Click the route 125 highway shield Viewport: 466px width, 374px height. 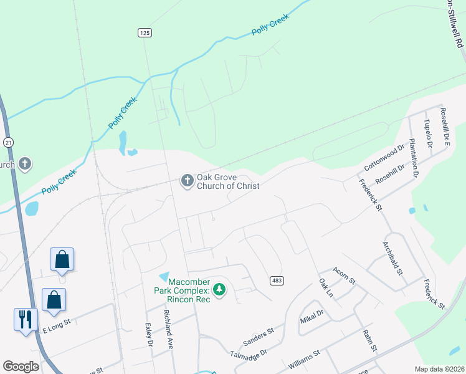[x=145, y=32]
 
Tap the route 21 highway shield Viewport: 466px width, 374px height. [x=8, y=142]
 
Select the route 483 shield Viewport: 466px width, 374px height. [x=277, y=281]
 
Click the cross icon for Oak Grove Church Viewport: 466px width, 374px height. [x=186, y=181]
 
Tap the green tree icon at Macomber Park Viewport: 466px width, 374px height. [x=219, y=289]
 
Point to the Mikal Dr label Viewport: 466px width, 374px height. [x=311, y=315]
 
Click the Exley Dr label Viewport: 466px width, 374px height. [x=150, y=334]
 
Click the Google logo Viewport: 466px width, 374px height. [x=21, y=366]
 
